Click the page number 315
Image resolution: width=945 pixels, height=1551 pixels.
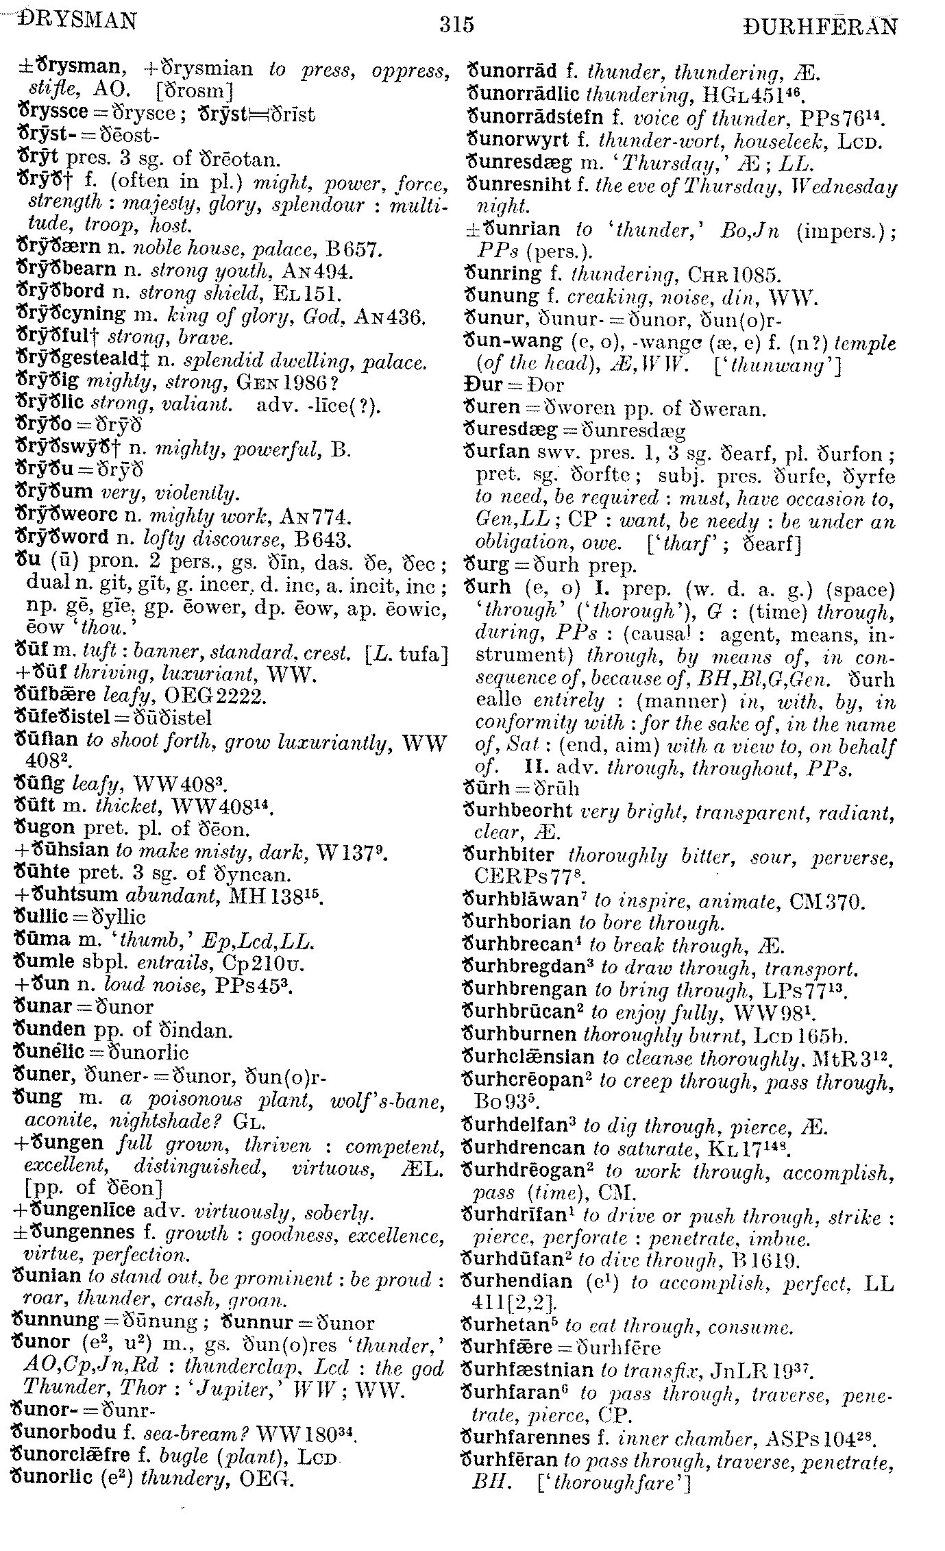(457, 25)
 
